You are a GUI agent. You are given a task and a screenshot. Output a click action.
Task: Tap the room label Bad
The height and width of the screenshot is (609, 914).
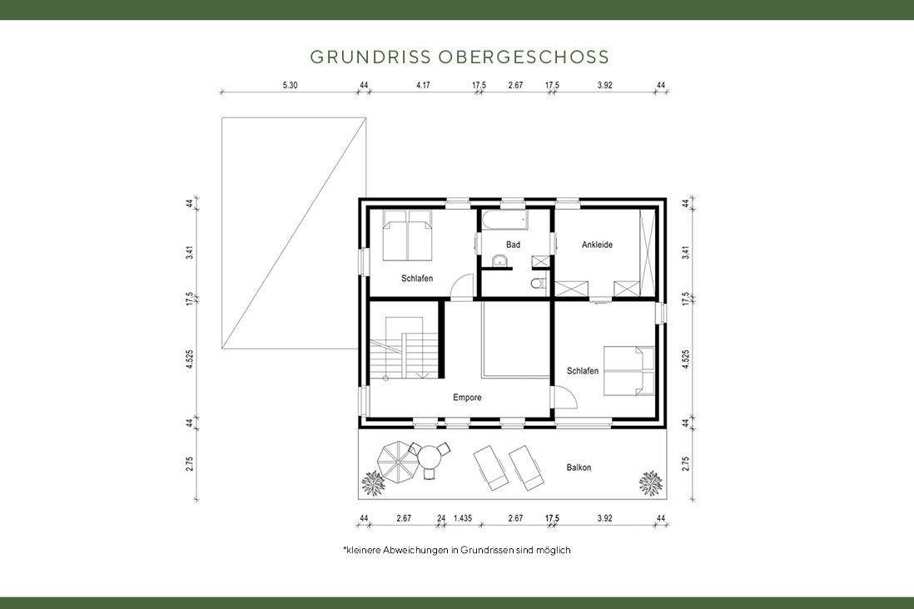(513, 245)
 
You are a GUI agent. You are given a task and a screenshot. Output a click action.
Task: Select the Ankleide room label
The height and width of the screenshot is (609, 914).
(597, 245)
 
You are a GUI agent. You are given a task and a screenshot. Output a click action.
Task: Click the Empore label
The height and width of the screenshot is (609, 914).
(467, 398)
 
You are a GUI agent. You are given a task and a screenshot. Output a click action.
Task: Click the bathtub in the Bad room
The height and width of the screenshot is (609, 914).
(503, 220)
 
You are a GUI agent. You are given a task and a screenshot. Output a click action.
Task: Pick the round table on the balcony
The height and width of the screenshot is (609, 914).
(430, 458)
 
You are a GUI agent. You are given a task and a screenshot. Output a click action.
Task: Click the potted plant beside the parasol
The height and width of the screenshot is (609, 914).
(373, 482)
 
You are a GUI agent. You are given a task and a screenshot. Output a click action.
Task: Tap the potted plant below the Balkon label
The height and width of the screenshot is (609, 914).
(650, 482)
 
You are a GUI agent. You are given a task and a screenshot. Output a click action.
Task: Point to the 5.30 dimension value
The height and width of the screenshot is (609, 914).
(290, 85)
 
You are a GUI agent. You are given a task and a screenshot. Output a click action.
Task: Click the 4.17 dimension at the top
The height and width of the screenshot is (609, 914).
(423, 85)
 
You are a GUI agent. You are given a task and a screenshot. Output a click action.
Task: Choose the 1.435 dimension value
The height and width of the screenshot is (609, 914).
(463, 518)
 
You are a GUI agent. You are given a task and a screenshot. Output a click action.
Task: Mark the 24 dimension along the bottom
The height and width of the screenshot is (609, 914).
(441, 518)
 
